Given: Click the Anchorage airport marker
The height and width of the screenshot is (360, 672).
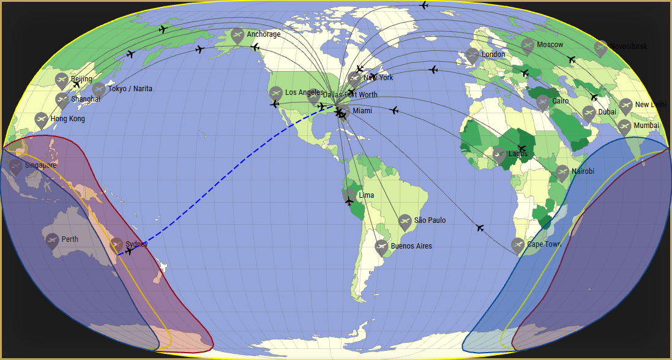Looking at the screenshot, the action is click(x=237, y=35).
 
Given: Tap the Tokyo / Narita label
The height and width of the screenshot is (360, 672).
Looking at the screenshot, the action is click(x=130, y=89).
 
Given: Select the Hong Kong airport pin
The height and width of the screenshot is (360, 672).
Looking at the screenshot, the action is click(x=41, y=119).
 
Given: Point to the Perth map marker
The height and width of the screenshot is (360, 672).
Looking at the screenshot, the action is click(x=52, y=239).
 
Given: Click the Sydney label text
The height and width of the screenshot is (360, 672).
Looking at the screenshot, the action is click(x=136, y=244).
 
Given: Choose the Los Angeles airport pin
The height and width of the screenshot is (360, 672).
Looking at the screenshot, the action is click(x=276, y=93).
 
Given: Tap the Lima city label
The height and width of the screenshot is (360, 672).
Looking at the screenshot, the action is click(x=367, y=195).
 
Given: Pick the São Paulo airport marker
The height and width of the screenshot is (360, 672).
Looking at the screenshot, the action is click(x=405, y=221).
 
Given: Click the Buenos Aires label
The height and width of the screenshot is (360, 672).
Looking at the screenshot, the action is click(x=411, y=246).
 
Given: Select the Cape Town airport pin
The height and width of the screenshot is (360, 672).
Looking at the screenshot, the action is click(x=518, y=245).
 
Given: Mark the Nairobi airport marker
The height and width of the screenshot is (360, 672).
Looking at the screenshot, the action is click(x=562, y=172).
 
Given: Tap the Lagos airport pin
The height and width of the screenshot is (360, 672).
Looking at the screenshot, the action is click(x=499, y=154).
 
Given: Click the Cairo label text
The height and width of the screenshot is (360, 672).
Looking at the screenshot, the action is click(x=560, y=101).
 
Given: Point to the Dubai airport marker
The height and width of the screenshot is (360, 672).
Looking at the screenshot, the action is click(x=589, y=113).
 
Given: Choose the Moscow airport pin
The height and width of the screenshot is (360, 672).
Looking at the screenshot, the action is click(x=528, y=45).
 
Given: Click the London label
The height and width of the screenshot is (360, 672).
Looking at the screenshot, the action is click(x=493, y=54).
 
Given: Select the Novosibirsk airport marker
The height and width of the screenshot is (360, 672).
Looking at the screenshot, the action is click(x=601, y=47).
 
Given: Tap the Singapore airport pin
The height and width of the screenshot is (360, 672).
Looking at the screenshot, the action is click(x=16, y=166).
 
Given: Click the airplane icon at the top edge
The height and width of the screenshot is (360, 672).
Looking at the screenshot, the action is click(x=424, y=6).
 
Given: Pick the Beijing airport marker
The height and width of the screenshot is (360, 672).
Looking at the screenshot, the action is click(x=61, y=80).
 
